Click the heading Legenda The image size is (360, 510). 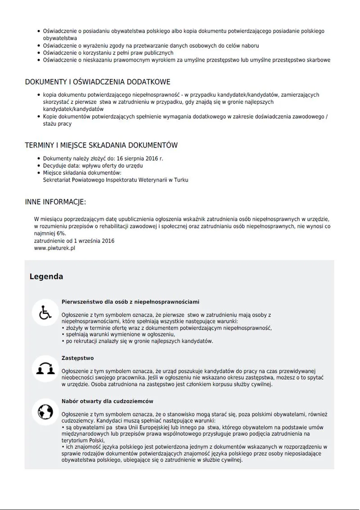coord(46,277)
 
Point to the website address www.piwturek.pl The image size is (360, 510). coord(54,248)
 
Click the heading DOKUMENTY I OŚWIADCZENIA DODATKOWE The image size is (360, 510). coord(97,82)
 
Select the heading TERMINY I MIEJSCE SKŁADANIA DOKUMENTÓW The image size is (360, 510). coord(101,145)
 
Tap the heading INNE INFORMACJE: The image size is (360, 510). coord(55,202)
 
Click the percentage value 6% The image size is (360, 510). coord(61,234)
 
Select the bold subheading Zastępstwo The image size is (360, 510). coord(77,358)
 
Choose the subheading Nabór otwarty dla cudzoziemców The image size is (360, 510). coord(108,401)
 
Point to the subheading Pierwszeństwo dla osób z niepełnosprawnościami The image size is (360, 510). coord(130,302)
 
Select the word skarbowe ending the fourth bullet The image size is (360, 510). coord(318,60)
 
